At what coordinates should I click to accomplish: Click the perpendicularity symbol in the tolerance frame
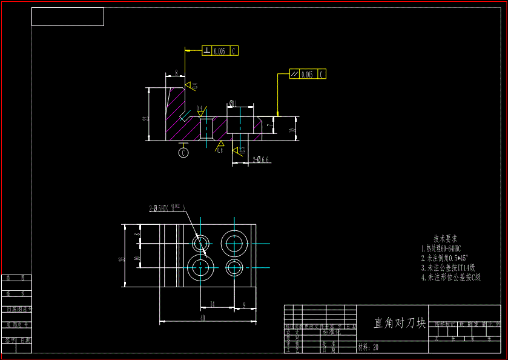point(207,51)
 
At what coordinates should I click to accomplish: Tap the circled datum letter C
point(183,153)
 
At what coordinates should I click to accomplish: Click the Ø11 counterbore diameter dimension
point(231,104)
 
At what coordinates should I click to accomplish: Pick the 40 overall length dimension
point(202,318)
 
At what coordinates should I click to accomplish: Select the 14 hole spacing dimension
point(212,304)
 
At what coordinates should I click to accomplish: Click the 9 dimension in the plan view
point(244,304)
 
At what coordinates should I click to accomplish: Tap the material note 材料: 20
point(368,348)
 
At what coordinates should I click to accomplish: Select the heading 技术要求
point(445,239)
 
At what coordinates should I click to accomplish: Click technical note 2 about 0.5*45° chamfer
point(444,258)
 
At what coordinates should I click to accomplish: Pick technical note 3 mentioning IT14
point(447,268)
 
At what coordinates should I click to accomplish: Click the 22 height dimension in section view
point(145,119)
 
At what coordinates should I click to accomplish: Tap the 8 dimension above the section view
point(176,73)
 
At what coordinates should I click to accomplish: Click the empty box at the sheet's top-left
point(67,17)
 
